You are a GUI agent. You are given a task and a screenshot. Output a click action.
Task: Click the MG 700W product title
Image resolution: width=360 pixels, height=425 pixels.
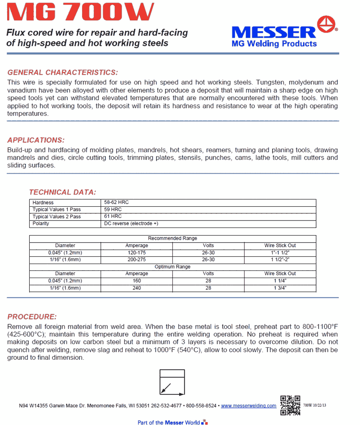tap(80, 12)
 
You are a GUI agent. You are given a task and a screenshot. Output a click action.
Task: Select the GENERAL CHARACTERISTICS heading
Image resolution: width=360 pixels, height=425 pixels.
tap(63, 72)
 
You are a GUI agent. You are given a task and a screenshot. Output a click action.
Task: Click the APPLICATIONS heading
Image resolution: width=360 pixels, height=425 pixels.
tap(36, 140)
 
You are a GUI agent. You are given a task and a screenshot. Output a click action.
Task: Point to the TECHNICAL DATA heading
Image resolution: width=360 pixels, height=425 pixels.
tap(62, 192)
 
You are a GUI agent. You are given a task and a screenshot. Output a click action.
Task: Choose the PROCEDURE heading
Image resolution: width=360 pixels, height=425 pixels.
tap(32, 317)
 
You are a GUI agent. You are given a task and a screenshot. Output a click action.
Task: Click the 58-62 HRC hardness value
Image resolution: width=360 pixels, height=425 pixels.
tap(116, 202)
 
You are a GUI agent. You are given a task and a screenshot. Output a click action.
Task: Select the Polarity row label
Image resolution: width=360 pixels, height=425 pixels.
tap(41, 223)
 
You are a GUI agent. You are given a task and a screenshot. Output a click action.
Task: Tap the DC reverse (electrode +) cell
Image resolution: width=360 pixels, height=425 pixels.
tap(131, 223)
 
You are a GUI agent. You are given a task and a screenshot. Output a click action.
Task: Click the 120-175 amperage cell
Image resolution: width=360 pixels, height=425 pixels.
tap(137, 253)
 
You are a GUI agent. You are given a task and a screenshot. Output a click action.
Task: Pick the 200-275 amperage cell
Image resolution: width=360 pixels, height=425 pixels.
tap(137, 259)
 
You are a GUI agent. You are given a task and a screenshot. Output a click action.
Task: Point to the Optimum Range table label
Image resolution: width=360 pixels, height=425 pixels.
tap(172, 266)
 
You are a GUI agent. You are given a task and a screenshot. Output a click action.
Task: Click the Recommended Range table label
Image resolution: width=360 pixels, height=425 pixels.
tap(172, 238)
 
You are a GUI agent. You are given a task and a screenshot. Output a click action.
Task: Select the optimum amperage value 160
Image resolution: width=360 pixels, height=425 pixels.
tap(137, 281)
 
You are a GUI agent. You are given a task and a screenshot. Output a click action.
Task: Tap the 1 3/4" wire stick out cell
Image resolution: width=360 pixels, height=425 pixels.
tap(280, 288)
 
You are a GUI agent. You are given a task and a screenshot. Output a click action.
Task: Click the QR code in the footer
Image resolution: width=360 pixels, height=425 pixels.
tap(290, 405)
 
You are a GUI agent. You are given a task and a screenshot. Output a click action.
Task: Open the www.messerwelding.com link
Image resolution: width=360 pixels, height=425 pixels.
tap(248, 406)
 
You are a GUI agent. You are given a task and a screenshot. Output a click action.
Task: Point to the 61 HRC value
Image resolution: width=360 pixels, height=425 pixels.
tap(113, 217)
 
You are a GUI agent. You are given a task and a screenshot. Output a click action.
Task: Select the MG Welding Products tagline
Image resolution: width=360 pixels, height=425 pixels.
tap(274, 44)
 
